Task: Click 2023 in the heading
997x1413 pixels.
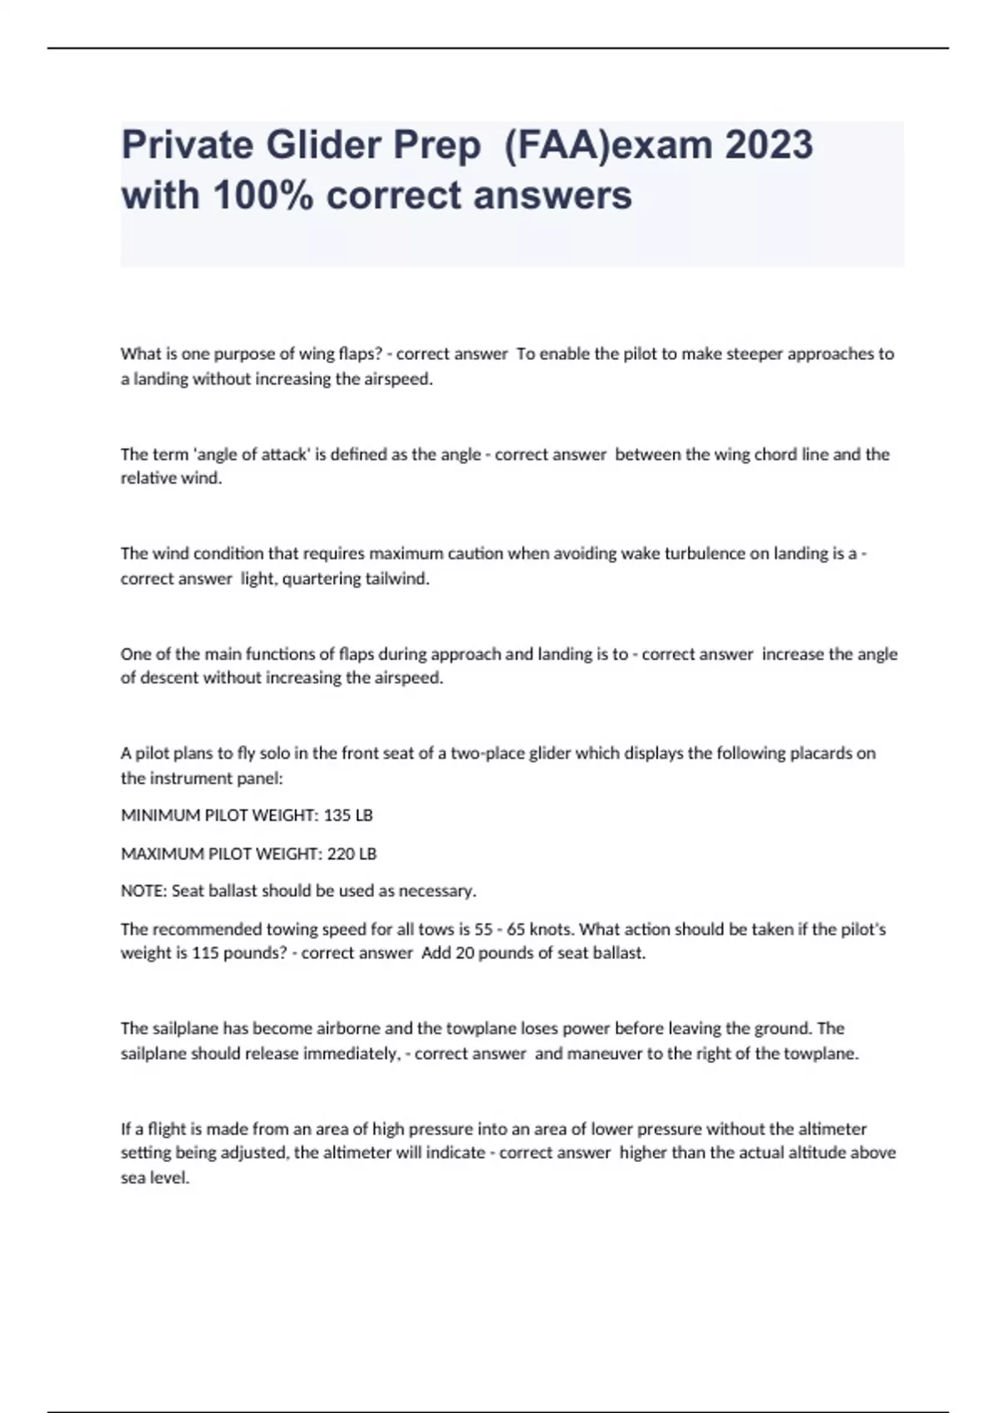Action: point(769,145)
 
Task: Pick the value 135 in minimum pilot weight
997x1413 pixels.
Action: point(336,815)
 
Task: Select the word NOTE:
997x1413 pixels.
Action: point(144,891)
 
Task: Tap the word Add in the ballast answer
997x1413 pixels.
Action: point(435,953)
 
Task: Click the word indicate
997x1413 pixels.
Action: point(455,1153)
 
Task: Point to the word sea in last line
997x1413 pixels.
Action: point(133,1178)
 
